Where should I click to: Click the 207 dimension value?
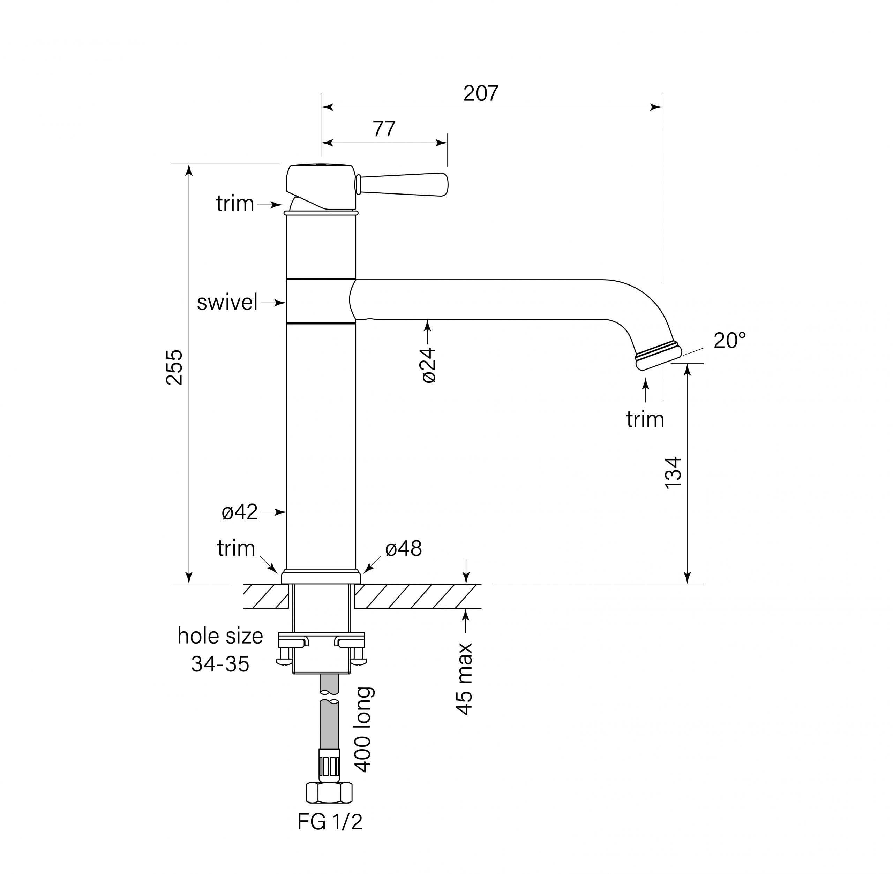[x=480, y=94]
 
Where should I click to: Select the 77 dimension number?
[x=384, y=129]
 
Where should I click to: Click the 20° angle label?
[x=729, y=341]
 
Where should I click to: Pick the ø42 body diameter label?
[x=240, y=512]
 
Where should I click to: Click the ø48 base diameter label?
[x=403, y=548]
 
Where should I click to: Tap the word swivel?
[x=227, y=303]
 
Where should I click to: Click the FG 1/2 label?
[x=330, y=822]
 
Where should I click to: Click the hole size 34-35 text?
[x=220, y=650]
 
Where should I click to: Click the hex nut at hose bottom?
[x=329, y=793]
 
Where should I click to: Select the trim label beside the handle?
[x=235, y=203]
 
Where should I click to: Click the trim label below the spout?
[x=645, y=419]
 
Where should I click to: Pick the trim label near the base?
[x=236, y=548]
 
